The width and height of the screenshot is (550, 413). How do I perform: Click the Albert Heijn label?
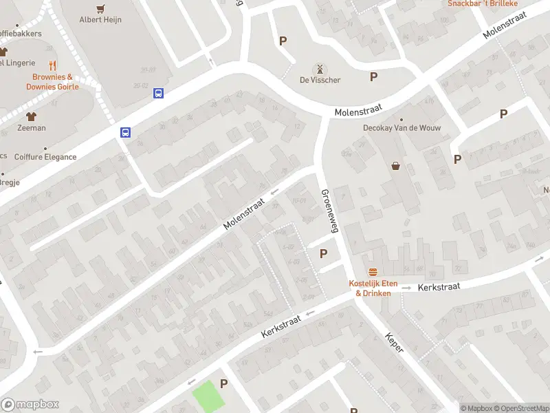pyautogui.click(x=100, y=19)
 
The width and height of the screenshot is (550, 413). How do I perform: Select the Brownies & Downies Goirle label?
pyautogui.click(x=52, y=82)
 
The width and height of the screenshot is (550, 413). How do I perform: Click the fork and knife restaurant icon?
pyautogui.click(x=52, y=67)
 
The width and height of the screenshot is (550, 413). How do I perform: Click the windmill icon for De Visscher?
pyautogui.click(x=319, y=69)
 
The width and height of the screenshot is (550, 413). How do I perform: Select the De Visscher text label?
pyautogui.click(x=320, y=80)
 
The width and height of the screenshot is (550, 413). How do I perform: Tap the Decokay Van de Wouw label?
pyautogui.click(x=402, y=128)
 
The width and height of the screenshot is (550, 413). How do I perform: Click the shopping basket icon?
pyautogui.click(x=396, y=165)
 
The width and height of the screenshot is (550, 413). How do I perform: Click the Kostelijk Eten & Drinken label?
pyautogui.click(x=373, y=288)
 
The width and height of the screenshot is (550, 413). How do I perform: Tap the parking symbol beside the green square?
pyautogui.click(x=223, y=383)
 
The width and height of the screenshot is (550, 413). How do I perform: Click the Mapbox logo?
pyautogui.click(x=30, y=405)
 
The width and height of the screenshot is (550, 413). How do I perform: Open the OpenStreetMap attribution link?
pyautogui.click(x=520, y=408)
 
